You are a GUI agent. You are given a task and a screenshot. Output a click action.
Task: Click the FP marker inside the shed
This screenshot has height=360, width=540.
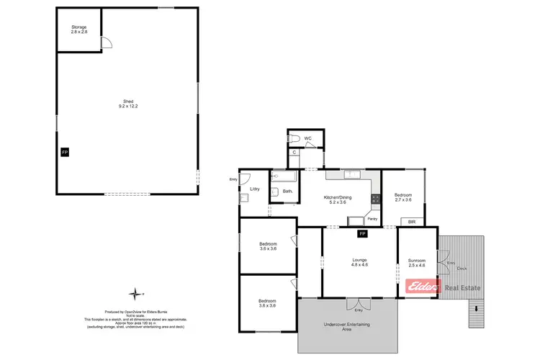(x=64, y=153)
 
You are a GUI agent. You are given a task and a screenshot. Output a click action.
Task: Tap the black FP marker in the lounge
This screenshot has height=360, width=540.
(x=362, y=234)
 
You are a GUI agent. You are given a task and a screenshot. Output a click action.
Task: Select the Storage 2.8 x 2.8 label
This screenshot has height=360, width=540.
(x=78, y=30)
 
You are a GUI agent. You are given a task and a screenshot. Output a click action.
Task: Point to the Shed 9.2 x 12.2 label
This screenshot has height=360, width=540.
(x=128, y=104)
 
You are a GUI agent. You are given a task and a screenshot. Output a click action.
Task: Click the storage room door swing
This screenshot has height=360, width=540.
(x=107, y=43)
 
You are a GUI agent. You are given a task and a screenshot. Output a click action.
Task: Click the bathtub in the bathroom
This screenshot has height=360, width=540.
(x=284, y=176)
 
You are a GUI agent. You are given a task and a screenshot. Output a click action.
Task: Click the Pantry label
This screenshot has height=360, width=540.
(x=372, y=219)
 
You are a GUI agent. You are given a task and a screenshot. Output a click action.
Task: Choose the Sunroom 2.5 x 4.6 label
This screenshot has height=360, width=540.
(x=417, y=263)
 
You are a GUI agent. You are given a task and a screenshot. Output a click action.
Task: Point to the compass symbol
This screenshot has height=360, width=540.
(x=135, y=293)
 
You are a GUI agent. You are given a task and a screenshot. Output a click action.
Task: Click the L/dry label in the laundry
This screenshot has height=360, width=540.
(x=254, y=189)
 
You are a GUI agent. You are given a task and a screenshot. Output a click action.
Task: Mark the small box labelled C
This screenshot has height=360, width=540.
(x=294, y=153)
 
